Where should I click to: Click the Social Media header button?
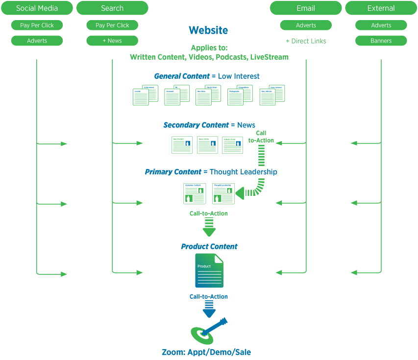pyautogui.click(x=37, y=8)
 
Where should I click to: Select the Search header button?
pyautogui.click(x=112, y=8)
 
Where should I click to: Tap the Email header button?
pyautogui.click(x=306, y=8)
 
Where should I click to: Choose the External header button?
pyautogui.click(x=381, y=8)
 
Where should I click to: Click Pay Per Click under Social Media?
pyautogui.click(x=37, y=25)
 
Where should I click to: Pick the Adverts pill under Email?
pyautogui.click(x=306, y=25)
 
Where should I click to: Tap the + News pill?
pyautogui.click(x=112, y=41)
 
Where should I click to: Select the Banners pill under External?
pyautogui.click(x=381, y=41)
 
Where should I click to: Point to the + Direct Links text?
pyautogui.click(x=306, y=41)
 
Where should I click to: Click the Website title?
pyautogui.click(x=208, y=30)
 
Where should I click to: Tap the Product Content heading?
pyautogui.click(x=209, y=246)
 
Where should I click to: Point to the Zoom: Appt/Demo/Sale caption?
pyautogui.click(x=206, y=352)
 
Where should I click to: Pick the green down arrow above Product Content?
pyautogui.click(x=209, y=227)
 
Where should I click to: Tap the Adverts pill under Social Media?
pyautogui.click(x=37, y=41)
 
